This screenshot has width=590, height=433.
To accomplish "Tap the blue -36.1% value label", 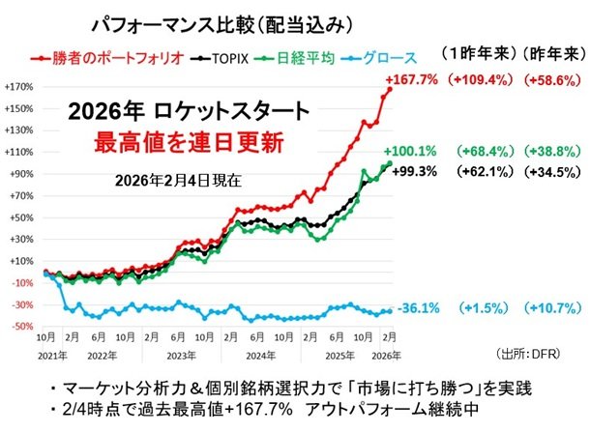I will (x=421, y=307).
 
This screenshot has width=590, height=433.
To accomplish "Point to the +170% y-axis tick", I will (x=18, y=86).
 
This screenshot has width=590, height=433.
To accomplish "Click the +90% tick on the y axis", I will (x=20, y=174).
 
